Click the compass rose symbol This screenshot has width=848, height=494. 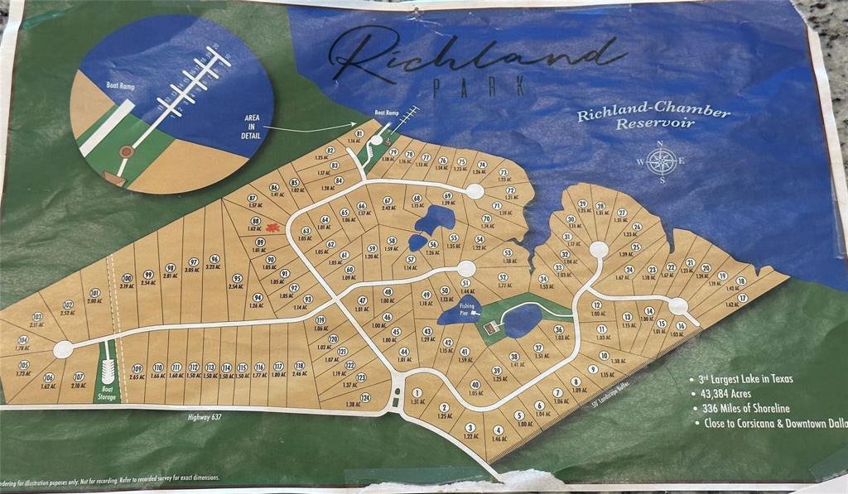[x=660, y=161]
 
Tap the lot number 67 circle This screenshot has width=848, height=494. [x=387, y=201]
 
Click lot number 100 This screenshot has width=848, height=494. [x=127, y=278]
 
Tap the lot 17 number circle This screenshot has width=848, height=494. [x=743, y=298]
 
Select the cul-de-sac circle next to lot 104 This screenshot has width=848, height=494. [x=61, y=350]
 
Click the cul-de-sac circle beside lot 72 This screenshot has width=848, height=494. [x=475, y=191]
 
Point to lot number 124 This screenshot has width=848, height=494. [x=365, y=397]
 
